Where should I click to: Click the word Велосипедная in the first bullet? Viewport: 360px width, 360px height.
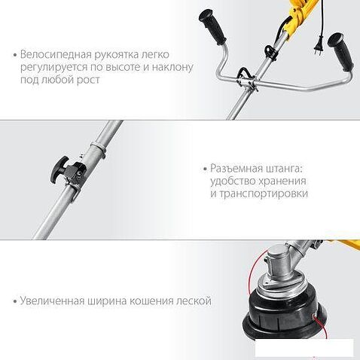tap(56, 54)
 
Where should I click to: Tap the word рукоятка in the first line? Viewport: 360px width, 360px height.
tap(122, 54)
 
